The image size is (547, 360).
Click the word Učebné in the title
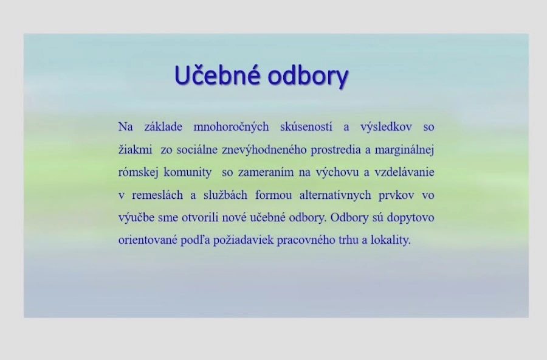tap(217, 74)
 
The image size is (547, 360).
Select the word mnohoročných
tap(231, 126)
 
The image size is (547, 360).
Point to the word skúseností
tap(306, 126)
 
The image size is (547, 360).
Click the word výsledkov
tap(386, 126)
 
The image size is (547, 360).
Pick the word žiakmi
tap(135, 150)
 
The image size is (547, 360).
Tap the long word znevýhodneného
tap(264, 150)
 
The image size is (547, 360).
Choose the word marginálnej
tap(404, 150)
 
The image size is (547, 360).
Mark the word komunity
tap(188, 173)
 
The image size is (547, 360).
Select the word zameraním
tap(266, 172)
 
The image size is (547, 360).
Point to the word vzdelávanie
tap(404, 172)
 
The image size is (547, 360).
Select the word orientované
tap(148, 240)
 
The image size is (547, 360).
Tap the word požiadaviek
tap(243, 240)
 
